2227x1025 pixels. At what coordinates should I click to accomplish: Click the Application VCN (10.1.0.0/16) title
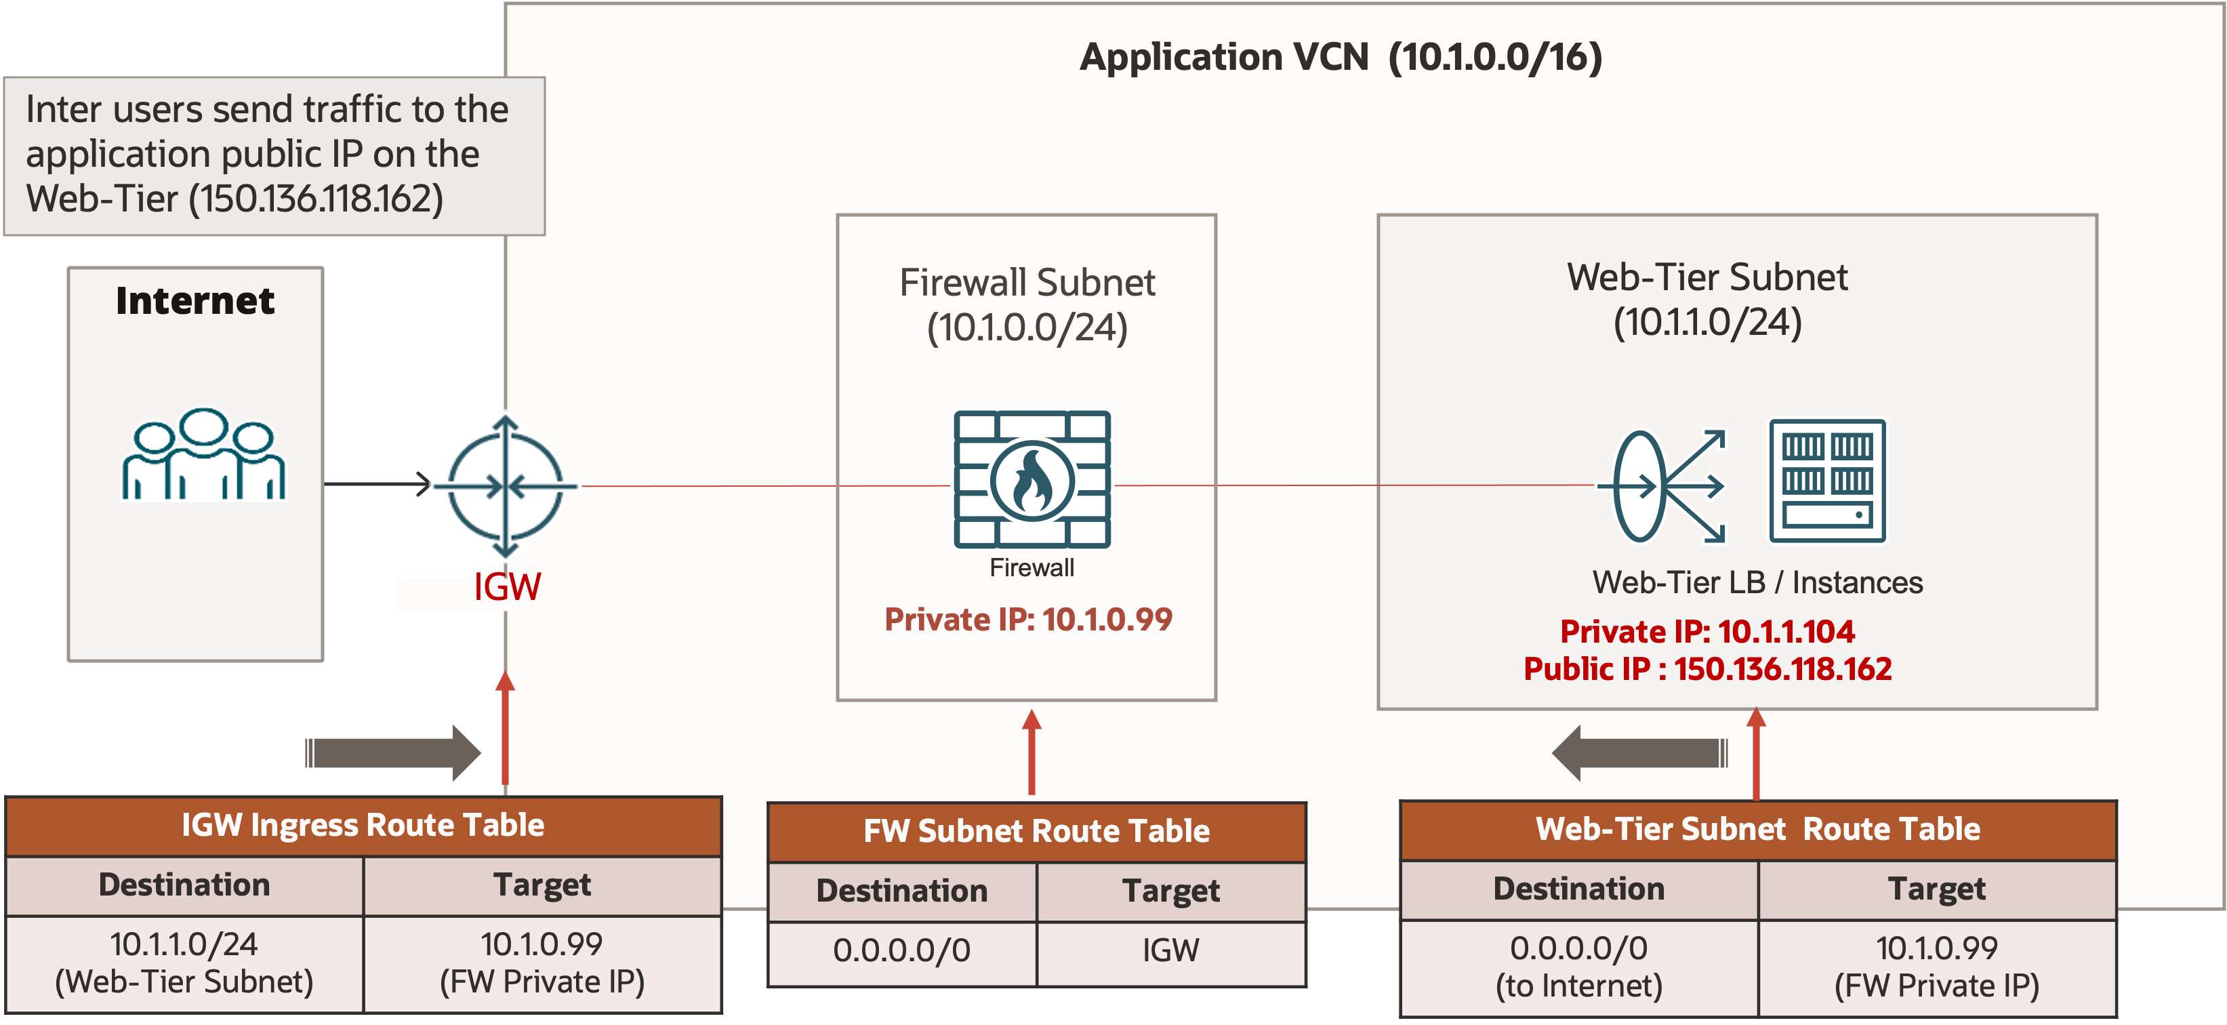click(x=1340, y=58)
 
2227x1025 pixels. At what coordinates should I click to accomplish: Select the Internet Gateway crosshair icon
click(x=506, y=486)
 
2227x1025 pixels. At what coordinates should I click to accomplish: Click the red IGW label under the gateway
click(x=507, y=587)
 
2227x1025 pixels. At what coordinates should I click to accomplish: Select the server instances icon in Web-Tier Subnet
click(x=1826, y=481)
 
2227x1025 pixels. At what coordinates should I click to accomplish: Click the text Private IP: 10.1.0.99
click(x=1028, y=620)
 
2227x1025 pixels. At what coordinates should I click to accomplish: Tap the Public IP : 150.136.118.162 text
click(x=1707, y=668)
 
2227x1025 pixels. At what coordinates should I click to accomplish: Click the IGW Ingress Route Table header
click(x=363, y=825)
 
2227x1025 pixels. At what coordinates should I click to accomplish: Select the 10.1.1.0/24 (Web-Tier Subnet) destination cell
click(x=184, y=963)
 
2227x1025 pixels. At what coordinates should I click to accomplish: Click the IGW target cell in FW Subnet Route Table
click(x=1170, y=950)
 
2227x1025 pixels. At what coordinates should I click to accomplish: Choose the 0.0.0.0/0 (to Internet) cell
click(x=1578, y=966)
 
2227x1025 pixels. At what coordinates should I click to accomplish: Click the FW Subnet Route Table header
click(x=1036, y=831)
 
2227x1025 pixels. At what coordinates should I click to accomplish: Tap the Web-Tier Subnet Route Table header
click(x=1757, y=828)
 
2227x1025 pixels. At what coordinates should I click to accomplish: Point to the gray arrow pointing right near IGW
click(x=393, y=752)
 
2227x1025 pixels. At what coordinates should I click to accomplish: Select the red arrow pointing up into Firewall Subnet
click(x=1031, y=751)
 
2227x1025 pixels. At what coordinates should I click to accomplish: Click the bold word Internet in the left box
click(x=195, y=301)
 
